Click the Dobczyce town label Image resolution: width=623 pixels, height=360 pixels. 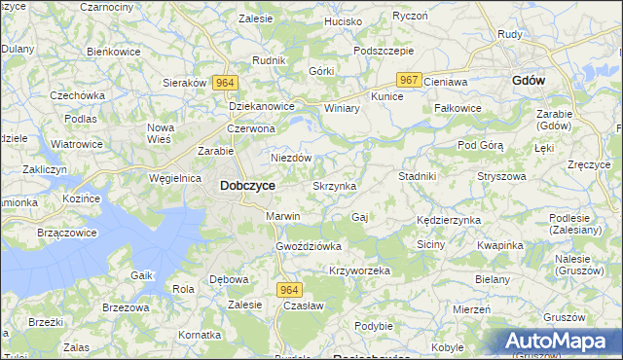click(247, 185)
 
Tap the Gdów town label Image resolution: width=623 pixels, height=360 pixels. click(528, 81)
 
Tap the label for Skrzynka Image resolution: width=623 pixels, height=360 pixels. click(334, 185)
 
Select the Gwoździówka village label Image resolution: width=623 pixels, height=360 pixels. click(309, 246)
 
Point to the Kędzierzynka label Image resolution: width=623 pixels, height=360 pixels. click(448, 220)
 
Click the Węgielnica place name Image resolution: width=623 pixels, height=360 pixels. click(176, 178)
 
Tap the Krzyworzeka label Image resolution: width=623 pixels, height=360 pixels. click(359, 270)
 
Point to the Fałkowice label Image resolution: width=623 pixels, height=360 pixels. click(458, 108)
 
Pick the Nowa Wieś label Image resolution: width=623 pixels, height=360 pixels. click(160, 134)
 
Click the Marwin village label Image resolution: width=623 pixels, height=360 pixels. click(283, 216)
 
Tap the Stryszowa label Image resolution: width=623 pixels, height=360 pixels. click(501, 176)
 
